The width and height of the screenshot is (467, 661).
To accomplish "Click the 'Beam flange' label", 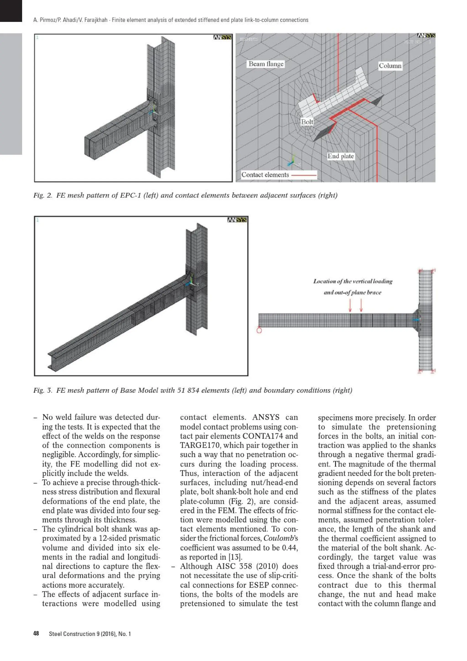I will click(266, 64).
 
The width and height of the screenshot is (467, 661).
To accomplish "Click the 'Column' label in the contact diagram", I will click(390, 66).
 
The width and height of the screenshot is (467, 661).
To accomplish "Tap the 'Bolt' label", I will click(307, 122).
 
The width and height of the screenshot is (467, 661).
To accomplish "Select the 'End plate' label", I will click(340, 156).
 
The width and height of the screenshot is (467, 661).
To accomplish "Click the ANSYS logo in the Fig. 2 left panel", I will click(222, 37).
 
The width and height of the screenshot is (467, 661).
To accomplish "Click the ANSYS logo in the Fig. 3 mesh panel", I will click(237, 220).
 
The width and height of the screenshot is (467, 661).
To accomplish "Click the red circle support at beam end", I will click(259, 330).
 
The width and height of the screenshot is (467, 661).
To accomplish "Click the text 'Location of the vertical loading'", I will click(353, 281).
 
